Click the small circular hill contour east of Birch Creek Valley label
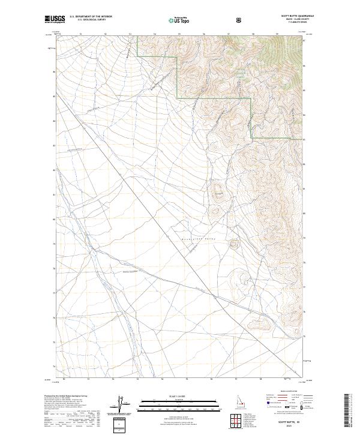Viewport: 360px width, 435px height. pos(233,244)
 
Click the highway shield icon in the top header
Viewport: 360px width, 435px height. pos(240,20)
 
